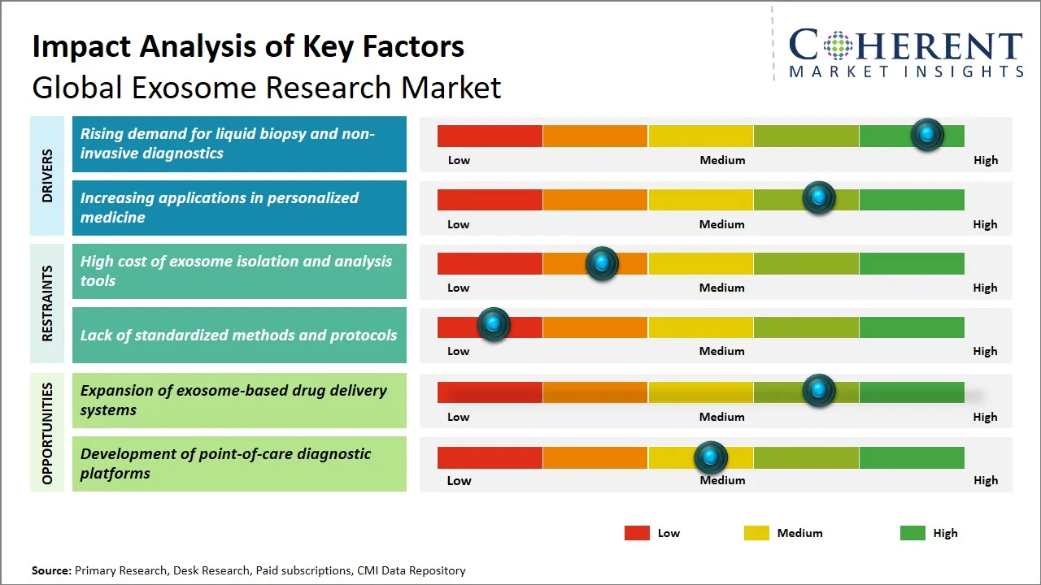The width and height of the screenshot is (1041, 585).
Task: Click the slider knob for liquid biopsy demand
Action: [926, 134]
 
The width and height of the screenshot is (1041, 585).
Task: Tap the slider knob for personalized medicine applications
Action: [818, 198]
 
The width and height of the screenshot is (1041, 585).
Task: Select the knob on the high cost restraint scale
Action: [602, 263]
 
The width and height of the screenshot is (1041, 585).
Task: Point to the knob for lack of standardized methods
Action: [493, 324]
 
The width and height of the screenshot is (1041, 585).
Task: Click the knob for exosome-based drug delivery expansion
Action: [818, 391]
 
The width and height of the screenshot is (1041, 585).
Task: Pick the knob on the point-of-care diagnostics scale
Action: [711, 458]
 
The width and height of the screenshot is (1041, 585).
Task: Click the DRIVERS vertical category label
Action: [47, 175]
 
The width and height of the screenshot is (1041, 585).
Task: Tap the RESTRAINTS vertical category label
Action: [47, 303]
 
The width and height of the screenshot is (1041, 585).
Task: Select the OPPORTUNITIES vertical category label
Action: [47, 433]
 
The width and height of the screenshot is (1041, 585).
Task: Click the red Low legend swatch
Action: [637, 533]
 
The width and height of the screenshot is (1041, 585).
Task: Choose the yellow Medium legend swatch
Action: [756, 533]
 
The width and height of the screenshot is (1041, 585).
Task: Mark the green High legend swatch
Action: [913, 533]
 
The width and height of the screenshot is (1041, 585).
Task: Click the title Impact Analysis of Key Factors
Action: [248, 46]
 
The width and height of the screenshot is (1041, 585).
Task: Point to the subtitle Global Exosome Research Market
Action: [266, 87]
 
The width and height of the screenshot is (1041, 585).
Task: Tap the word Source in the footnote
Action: [51, 570]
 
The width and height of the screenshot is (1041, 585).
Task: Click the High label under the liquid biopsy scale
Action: [985, 160]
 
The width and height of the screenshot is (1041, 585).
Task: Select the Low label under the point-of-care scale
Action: [459, 480]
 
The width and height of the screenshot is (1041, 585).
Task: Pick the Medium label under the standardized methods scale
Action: [721, 351]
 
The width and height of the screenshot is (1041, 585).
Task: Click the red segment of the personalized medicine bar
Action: [490, 199]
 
